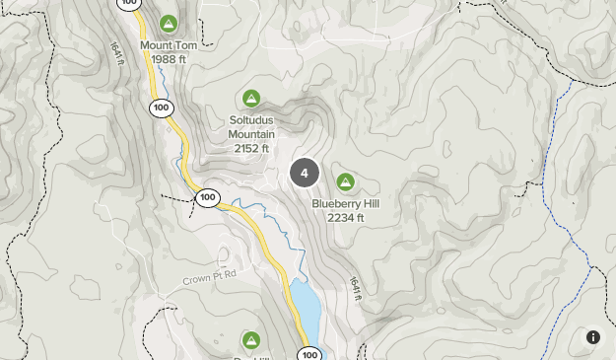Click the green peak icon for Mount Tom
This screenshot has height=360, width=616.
point(169,23)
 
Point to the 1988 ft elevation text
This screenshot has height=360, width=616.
point(169,59)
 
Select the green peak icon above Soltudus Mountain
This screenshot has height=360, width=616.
point(251,99)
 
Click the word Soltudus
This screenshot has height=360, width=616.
point(251,120)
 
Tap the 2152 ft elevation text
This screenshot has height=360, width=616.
point(251,148)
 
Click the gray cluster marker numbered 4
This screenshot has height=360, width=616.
point(305,173)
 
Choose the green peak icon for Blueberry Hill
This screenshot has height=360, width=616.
point(345,181)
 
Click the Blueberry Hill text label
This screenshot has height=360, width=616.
point(346,204)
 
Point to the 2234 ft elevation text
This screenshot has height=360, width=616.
point(346,218)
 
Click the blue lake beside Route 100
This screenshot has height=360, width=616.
point(305,308)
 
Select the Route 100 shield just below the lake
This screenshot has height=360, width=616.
point(309,354)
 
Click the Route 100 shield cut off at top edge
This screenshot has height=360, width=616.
point(128,3)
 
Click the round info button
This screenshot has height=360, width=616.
point(593,337)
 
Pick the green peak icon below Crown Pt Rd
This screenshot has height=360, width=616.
point(251,340)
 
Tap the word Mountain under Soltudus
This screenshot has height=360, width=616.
point(251,134)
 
